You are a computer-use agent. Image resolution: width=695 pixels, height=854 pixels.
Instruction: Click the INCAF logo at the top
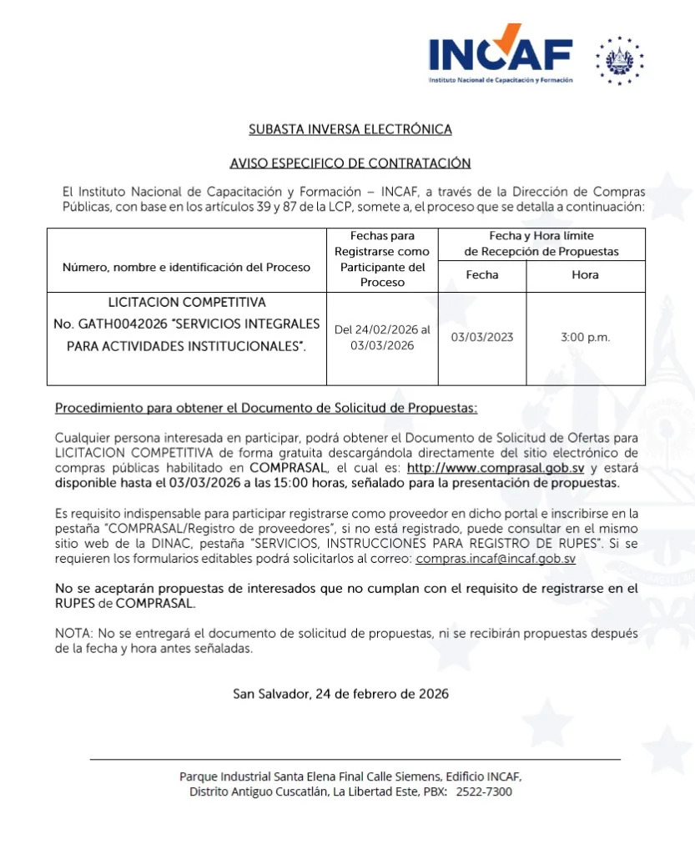click(x=501, y=58)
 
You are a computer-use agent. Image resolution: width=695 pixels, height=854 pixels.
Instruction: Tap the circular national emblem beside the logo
click(x=620, y=60)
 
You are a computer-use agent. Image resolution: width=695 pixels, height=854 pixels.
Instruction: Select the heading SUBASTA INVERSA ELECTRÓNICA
click(x=350, y=129)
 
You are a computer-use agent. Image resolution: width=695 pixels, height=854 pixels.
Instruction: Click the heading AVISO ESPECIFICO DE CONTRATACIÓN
click(x=350, y=163)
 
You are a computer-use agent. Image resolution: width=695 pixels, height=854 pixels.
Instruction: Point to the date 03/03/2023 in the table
click(x=482, y=338)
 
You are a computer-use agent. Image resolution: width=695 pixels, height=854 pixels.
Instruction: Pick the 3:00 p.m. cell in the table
click(x=585, y=338)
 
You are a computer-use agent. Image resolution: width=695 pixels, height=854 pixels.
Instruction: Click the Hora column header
click(x=585, y=275)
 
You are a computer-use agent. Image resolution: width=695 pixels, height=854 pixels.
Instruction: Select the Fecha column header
click(x=482, y=275)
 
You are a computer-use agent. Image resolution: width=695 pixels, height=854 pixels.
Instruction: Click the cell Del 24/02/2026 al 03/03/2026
click(x=382, y=338)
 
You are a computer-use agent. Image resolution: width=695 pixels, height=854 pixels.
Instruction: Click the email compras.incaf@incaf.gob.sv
click(x=496, y=559)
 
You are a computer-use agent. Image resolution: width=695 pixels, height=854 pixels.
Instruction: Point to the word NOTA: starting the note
click(x=73, y=634)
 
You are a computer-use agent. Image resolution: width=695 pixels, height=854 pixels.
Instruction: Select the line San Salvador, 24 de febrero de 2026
click(x=340, y=694)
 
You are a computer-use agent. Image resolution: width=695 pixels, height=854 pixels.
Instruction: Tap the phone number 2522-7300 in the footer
click(x=484, y=791)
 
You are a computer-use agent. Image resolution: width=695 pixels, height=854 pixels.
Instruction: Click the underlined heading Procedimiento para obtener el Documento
click(x=266, y=408)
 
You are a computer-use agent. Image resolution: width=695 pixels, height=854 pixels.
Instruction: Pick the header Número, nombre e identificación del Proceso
click(x=186, y=268)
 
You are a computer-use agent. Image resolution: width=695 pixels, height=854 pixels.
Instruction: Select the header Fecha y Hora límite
click(x=541, y=236)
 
